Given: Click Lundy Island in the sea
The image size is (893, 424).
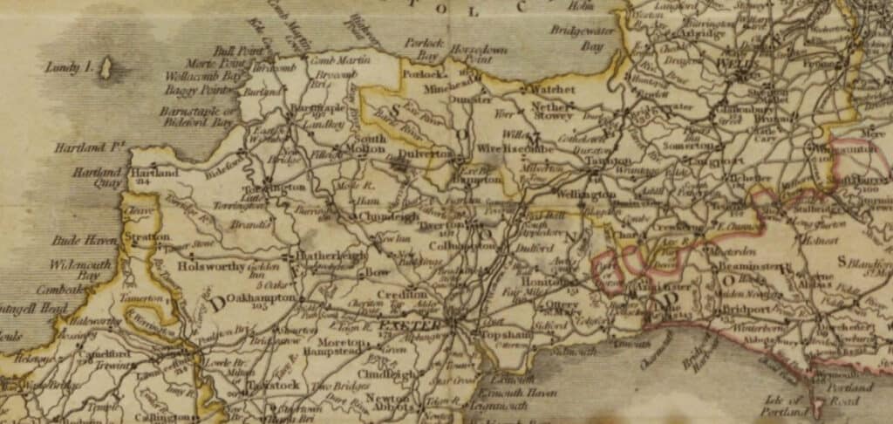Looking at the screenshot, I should tap(106, 68).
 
